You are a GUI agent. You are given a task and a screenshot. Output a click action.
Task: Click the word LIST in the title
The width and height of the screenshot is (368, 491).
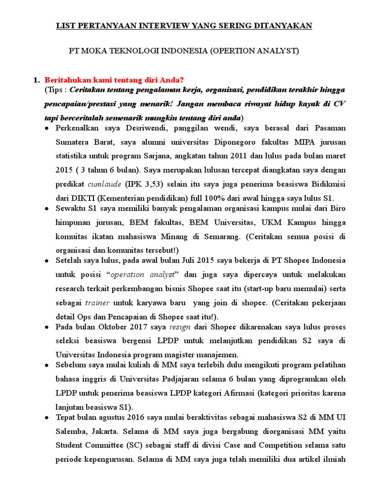(x=65, y=25)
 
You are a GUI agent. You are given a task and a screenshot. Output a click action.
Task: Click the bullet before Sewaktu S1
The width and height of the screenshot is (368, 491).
(x=46, y=209)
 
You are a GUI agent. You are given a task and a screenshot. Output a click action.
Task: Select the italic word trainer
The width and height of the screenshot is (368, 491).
(x=97, y=303)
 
